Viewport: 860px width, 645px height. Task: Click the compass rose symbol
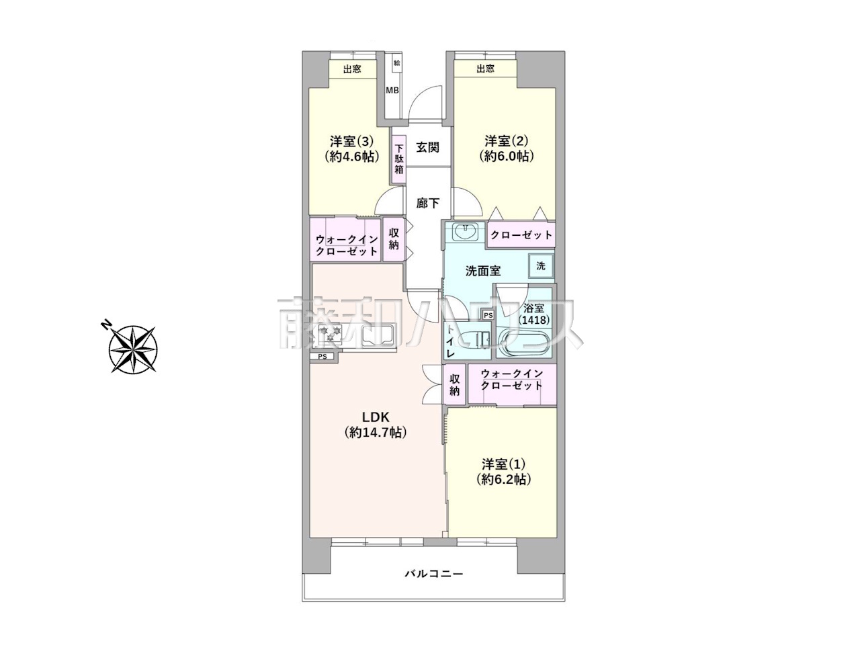tap(134, 348)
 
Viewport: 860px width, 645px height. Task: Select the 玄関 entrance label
tap(427, 148)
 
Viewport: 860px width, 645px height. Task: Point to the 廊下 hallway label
tap(427, 204)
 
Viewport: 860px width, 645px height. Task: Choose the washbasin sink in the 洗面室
tap(465, 232)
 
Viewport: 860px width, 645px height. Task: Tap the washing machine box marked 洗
tap(541, 266)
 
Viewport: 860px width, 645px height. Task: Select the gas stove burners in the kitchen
tap(330, 334)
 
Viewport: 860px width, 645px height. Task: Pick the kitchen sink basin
tap(378, 336)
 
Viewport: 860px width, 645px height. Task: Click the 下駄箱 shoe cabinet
tap(398, 159)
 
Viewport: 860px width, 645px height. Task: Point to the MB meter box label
tap(392, 91)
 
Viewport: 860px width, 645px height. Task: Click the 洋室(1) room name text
tap(503, 464)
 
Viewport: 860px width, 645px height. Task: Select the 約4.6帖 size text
tap(351, 157)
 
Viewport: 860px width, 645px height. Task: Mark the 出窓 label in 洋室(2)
tap(486, 69)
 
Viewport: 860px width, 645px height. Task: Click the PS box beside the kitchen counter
tap(322, 357)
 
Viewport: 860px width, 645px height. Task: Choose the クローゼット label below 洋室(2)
tap(521, 235)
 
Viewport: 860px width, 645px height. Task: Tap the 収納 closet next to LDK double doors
tap(454, 384)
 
